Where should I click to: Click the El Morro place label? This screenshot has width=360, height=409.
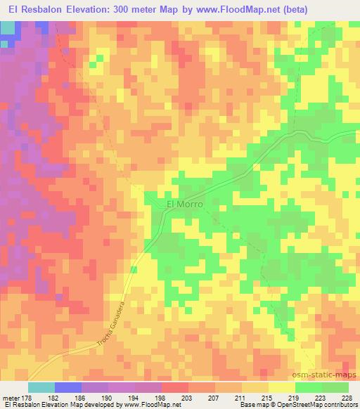click(x=184, y=204)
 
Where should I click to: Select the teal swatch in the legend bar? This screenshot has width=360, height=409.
click(x=41, y=387)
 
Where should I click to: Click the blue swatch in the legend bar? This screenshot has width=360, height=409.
click(x=68, y=387)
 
